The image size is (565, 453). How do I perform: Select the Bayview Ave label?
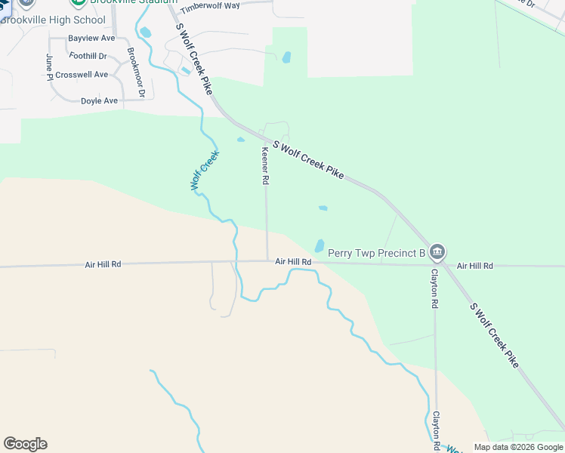point(91,38)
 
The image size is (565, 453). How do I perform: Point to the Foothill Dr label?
point(88,56)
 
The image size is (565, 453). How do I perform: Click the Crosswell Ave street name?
point(82,75)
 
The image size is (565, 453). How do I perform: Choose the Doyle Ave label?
point(99,100)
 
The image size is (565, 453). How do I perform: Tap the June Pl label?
point(49,66)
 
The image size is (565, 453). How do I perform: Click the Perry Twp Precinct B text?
point(376,253)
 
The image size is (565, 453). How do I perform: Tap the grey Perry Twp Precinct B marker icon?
point(437,252)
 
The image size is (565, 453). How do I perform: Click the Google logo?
point(25,444)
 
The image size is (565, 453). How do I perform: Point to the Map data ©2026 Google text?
point(518,447)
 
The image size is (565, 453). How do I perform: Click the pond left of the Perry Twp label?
point(320,246)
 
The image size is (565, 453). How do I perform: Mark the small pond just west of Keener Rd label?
point(241,140)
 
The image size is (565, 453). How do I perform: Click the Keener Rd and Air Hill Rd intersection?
point(267,261)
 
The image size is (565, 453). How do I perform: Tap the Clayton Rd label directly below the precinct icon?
point(434,289)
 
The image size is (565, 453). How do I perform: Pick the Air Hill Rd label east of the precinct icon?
point(474,266)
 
